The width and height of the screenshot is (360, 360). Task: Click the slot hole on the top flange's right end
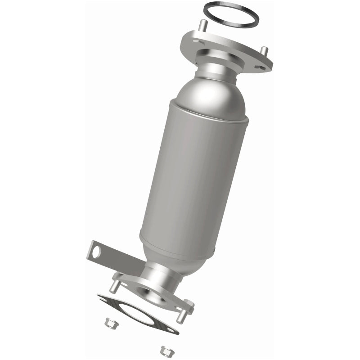click(260, 67)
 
